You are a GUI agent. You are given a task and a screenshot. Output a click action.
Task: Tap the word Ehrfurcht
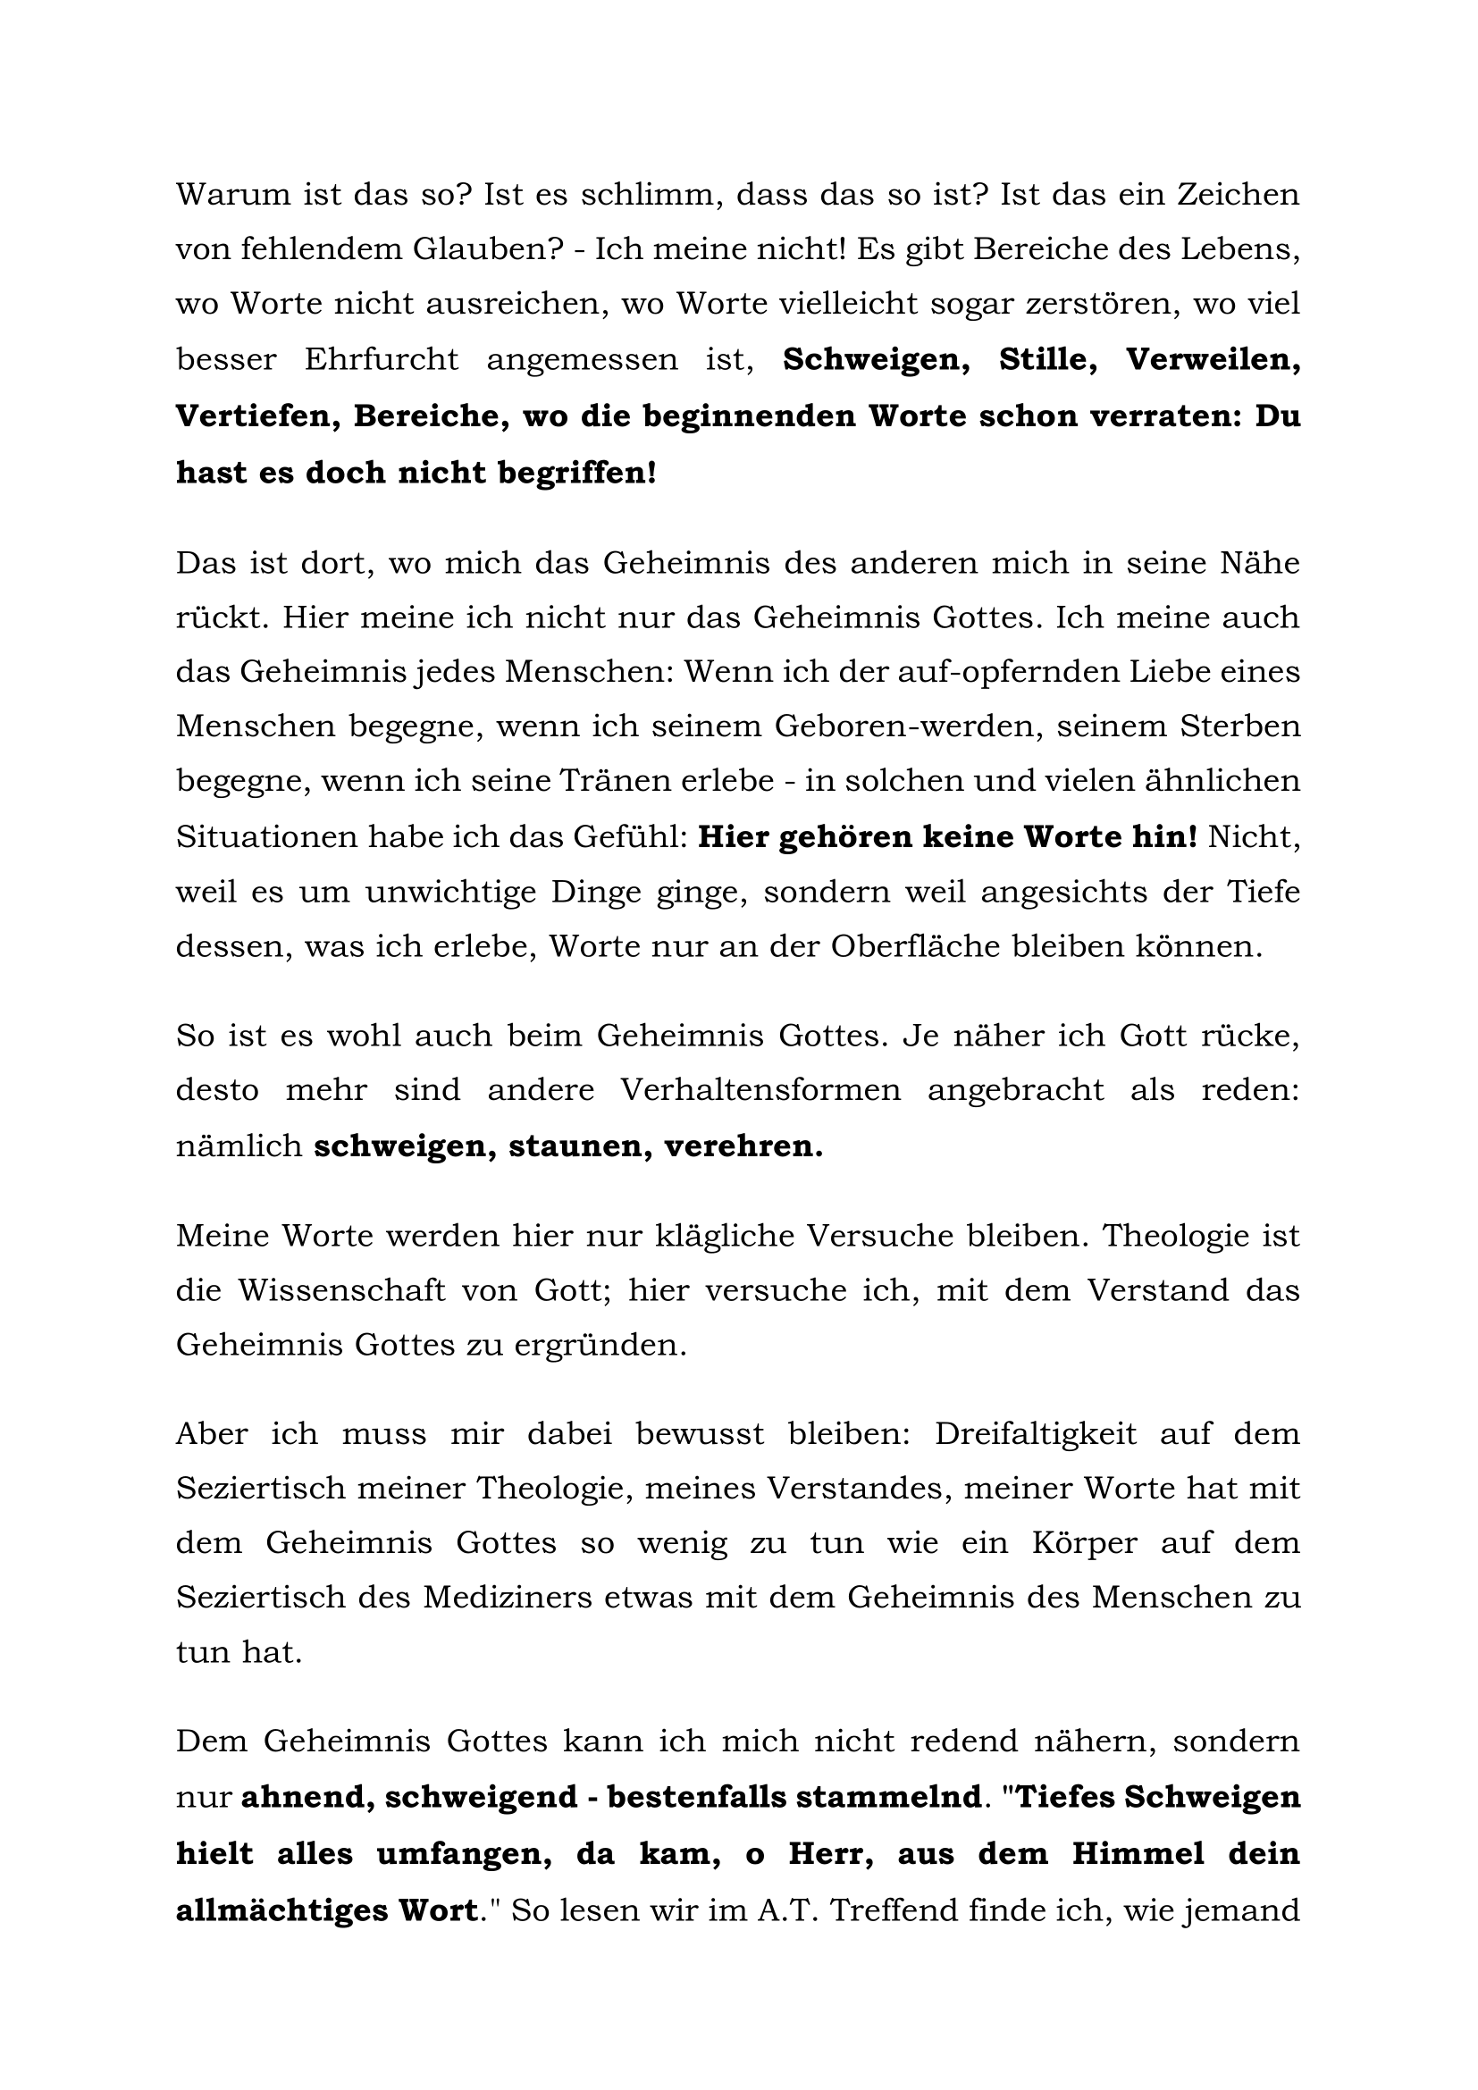click(x=382, y=359)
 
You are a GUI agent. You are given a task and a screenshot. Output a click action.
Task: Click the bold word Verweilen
click(x=1213, y=359)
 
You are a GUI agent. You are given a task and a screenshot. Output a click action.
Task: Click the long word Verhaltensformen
click(x=760, y=1089)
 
